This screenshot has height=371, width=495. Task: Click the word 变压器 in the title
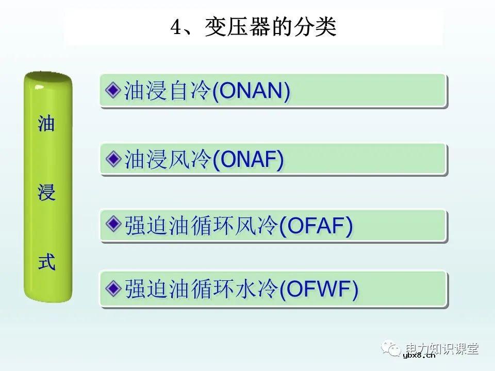[x=235, y=27]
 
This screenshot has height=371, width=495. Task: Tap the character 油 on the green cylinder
[x=46, y=124]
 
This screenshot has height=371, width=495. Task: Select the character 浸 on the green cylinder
[x=46, y=194]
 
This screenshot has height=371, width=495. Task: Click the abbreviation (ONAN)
[x=251, y=91]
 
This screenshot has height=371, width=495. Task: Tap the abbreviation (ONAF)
[x=248, y=160]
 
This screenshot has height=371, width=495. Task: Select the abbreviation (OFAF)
[x=316, y=227]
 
